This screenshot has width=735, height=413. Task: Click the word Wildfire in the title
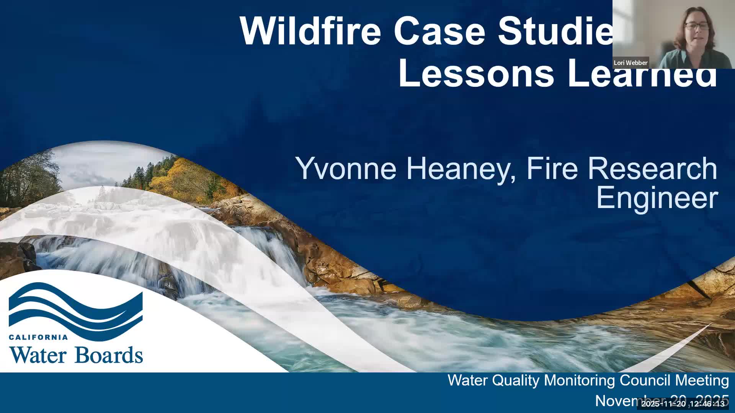pyautogui.click(x=310, y=30)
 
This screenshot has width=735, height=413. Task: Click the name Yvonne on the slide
pyautogui.click(x=346, y=168)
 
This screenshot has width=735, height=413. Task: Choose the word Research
pyautogui.click(x=652, y=168)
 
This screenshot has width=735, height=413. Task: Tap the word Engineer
pyautogui.click(x=657, y=198)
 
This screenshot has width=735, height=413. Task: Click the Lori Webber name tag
pyautogui.click(x=630, y=63)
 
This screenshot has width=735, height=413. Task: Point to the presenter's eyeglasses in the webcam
pyautogui.click(x=696, y=26)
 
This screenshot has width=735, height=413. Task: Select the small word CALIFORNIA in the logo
pyautogui.click(x=38, y=337)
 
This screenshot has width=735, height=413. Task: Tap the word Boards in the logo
pyautogui.click(x=109, y=355)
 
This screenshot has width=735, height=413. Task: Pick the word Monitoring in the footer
pyautogui.click(x=580, y=380)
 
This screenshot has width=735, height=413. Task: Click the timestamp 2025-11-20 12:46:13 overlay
pyautogui.click(x=683, y=404)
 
